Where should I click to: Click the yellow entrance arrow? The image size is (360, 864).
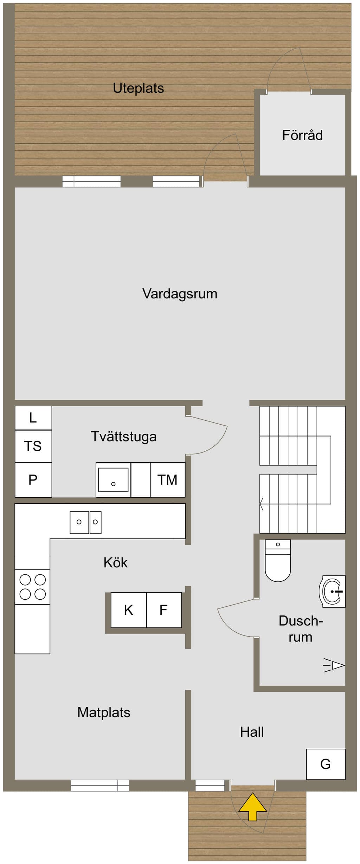tap(252, 806)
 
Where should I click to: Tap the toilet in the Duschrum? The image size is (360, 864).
tap(278, 561)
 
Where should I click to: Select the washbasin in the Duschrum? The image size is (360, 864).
tap(332, 592)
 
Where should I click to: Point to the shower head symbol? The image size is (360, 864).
tap(334, 665)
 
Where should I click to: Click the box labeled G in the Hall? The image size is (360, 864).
tap(326, 764)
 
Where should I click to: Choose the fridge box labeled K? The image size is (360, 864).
tap(129, 610)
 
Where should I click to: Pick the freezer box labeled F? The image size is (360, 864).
tap(164, 610)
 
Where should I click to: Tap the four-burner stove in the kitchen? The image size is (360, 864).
tap(32, 587)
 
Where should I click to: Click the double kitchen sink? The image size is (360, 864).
tap(85, 522)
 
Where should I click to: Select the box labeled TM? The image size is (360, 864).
tap(168, 480)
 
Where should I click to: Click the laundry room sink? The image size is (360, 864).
tap(113, 480)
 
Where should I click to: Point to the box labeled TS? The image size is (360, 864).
tap(33, 446)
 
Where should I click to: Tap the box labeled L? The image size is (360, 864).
tap(33, 418)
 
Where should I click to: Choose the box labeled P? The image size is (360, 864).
tap(33, 480)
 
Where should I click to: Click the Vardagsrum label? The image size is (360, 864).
tap(180, 294)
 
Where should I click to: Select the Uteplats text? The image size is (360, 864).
tap(139, 88)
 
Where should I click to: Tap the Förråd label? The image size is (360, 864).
tap(302, 135)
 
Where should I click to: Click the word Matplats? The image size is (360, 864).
tap(104, 713)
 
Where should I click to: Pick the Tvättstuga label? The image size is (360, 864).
tap(124, 437)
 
